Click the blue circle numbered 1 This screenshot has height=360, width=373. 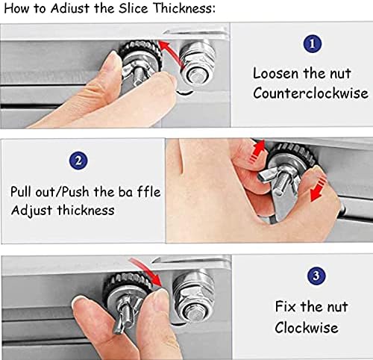click(313, 43)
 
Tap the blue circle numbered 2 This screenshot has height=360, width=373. click(78, 161)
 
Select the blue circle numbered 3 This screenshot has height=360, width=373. click(316, 276)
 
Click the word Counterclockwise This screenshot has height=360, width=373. click(310, 93)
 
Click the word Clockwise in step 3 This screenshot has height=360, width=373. click(307, 327)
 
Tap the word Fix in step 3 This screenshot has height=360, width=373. click(286, 306)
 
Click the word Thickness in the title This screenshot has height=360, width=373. click(184, 8)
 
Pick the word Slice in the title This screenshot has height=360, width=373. click(133, 8)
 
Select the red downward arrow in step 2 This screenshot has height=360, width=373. click(319, 188)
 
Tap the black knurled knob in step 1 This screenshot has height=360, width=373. click(140, 54)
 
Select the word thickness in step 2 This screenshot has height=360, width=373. click(86, 210)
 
